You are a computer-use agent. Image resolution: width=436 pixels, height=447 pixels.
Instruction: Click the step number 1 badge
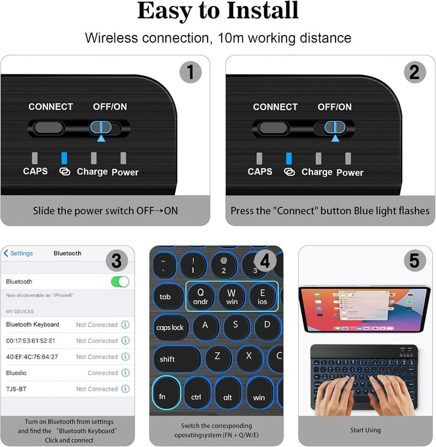click(x=191, y=73)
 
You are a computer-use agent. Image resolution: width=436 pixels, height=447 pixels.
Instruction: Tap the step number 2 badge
click(x=415, y=73)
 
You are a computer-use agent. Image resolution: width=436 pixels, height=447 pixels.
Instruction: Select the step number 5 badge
click(x=415, y=261)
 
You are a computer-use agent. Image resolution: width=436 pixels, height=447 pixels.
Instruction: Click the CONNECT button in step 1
click(x=49, y=128)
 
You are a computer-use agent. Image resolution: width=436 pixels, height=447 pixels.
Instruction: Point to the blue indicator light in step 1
click(x=64, y=158)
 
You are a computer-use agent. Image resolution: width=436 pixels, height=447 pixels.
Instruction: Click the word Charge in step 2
click(x=317, y=172)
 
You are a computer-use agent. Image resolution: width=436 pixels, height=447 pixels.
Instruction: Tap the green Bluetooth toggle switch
click(x=120, y=281)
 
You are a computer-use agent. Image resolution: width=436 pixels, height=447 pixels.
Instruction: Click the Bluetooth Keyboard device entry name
click(x=33, y=325)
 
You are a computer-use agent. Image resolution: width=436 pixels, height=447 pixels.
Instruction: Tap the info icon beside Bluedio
click(x=125, y=373)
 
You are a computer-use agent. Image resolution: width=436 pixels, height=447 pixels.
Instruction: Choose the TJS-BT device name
click(x=16, y=389)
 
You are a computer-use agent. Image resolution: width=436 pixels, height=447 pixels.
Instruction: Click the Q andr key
click(x=200, y=296)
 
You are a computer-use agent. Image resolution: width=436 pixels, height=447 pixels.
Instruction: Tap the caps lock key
click(x=170, y=327)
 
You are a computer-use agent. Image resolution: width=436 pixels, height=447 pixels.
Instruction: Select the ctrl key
click(x=196, y=397)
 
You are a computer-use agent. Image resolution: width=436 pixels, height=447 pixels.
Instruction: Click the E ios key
click(x=263, y=296)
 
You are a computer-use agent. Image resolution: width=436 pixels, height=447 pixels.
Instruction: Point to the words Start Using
click(x=366, y=431)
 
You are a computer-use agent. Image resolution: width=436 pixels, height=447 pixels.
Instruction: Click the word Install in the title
click(x=262, y=10)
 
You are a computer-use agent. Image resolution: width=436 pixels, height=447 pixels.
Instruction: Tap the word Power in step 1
click(x=125, y=172)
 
